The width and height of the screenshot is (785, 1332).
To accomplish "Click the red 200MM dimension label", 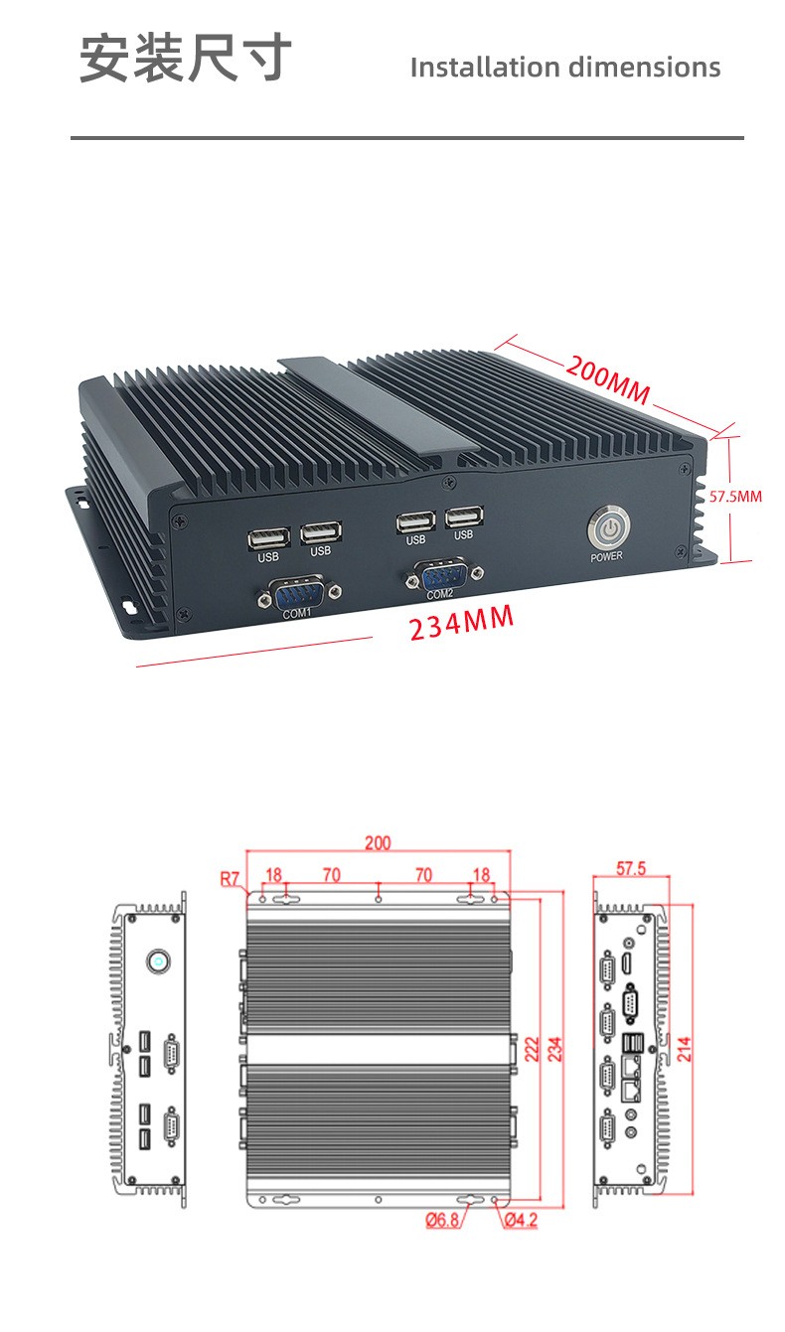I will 608,379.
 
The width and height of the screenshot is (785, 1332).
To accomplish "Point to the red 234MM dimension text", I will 462,624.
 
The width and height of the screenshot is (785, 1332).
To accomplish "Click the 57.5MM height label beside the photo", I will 735,496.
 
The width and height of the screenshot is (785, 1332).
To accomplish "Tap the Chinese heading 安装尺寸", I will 186,58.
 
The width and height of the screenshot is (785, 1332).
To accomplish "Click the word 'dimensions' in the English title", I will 644,68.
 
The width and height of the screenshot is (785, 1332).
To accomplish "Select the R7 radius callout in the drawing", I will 231,878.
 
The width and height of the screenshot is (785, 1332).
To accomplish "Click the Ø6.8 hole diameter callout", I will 442,1220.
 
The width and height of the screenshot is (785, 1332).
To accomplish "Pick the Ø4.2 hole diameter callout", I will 520,1220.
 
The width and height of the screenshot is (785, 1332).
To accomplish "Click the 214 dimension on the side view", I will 685,1049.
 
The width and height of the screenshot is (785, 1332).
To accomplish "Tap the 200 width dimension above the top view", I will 378,843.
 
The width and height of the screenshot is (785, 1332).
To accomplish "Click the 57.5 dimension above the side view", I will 630,868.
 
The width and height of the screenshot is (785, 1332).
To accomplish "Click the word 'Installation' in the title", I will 485,68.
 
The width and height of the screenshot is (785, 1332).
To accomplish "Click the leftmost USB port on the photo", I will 268,537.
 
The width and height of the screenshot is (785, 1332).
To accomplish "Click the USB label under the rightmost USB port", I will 464,535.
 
